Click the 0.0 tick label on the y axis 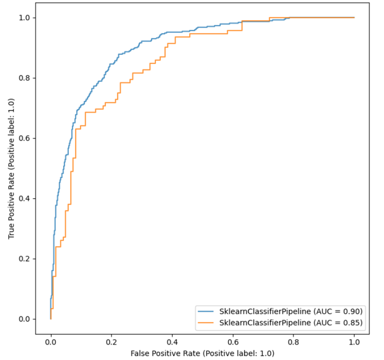[25, 319]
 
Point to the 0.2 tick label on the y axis [25, 259]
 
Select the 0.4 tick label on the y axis [25, 198]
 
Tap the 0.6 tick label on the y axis [25, 138]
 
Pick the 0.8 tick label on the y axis [25, 78]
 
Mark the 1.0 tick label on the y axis [25, 18]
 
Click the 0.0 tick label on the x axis [50, 342]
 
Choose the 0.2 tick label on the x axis [111, 342]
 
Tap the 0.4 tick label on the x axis [172, 342]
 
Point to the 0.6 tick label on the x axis [233, 342]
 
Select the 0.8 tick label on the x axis [293, 342]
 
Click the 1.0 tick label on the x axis [354, 342]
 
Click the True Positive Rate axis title [11, 168]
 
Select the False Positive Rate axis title [202, 353]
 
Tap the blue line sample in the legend [206, 310]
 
